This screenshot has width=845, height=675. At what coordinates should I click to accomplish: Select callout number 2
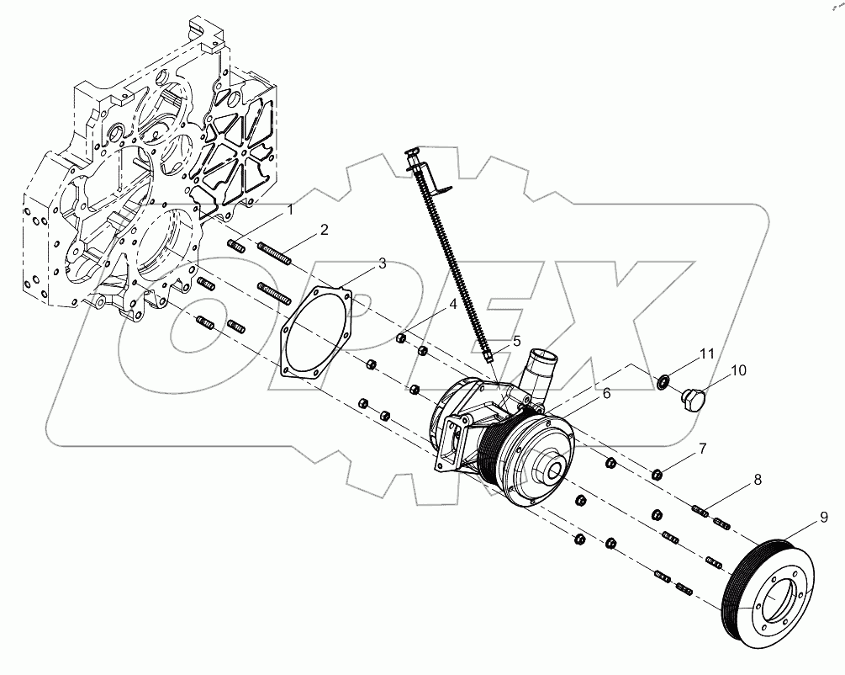click(323, 229)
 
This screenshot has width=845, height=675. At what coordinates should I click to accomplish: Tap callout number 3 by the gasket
click(382, 263)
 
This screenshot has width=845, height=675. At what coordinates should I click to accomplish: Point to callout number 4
click(453, 306)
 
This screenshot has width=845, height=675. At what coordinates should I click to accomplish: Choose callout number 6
click(605, 393)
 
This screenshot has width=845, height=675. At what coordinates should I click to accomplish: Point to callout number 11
click(707, 353)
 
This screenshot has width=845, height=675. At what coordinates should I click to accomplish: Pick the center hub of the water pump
click(554, 471)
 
